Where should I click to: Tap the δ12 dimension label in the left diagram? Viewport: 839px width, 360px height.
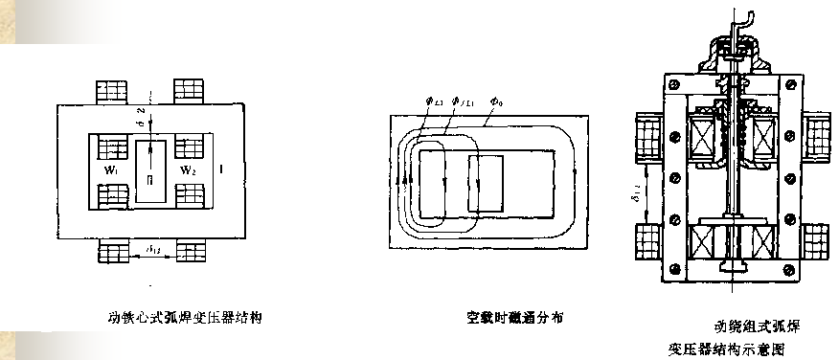[154, 249]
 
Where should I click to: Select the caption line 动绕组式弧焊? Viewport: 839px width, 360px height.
[757, 326]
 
